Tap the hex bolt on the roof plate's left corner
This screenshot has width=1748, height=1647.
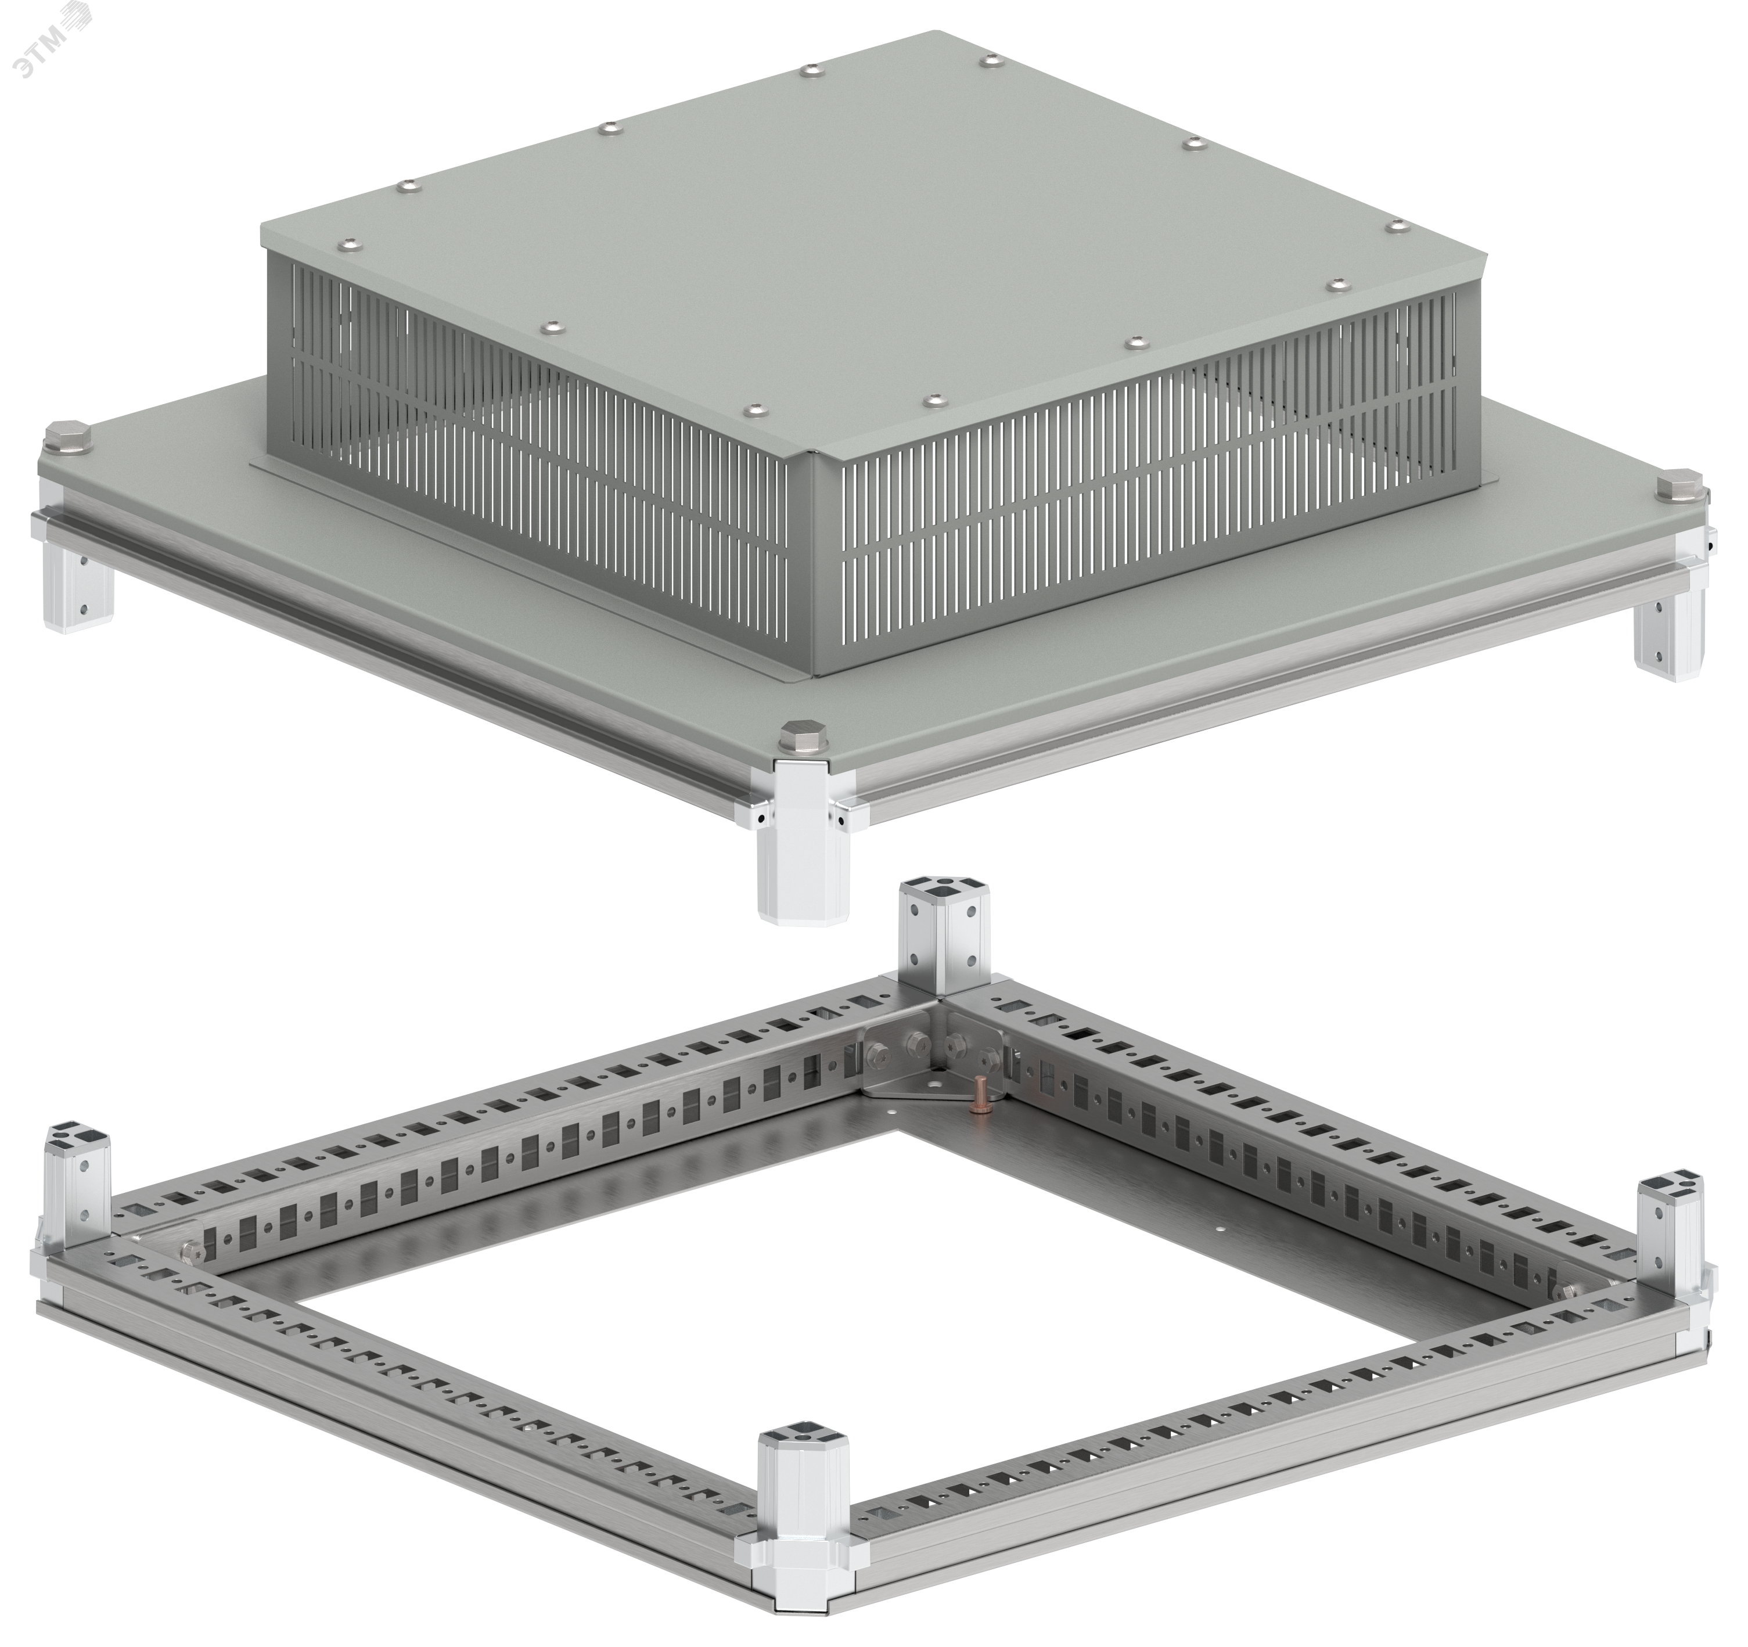[x=66, y=440]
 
